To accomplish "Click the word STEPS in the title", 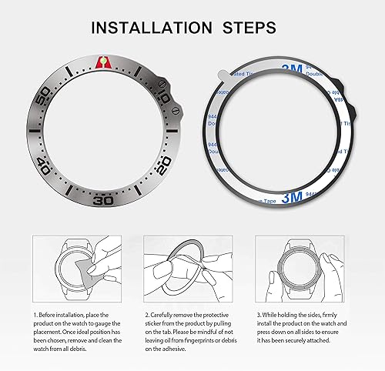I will coord(248,28).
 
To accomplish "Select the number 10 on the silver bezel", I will coord(163,99).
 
